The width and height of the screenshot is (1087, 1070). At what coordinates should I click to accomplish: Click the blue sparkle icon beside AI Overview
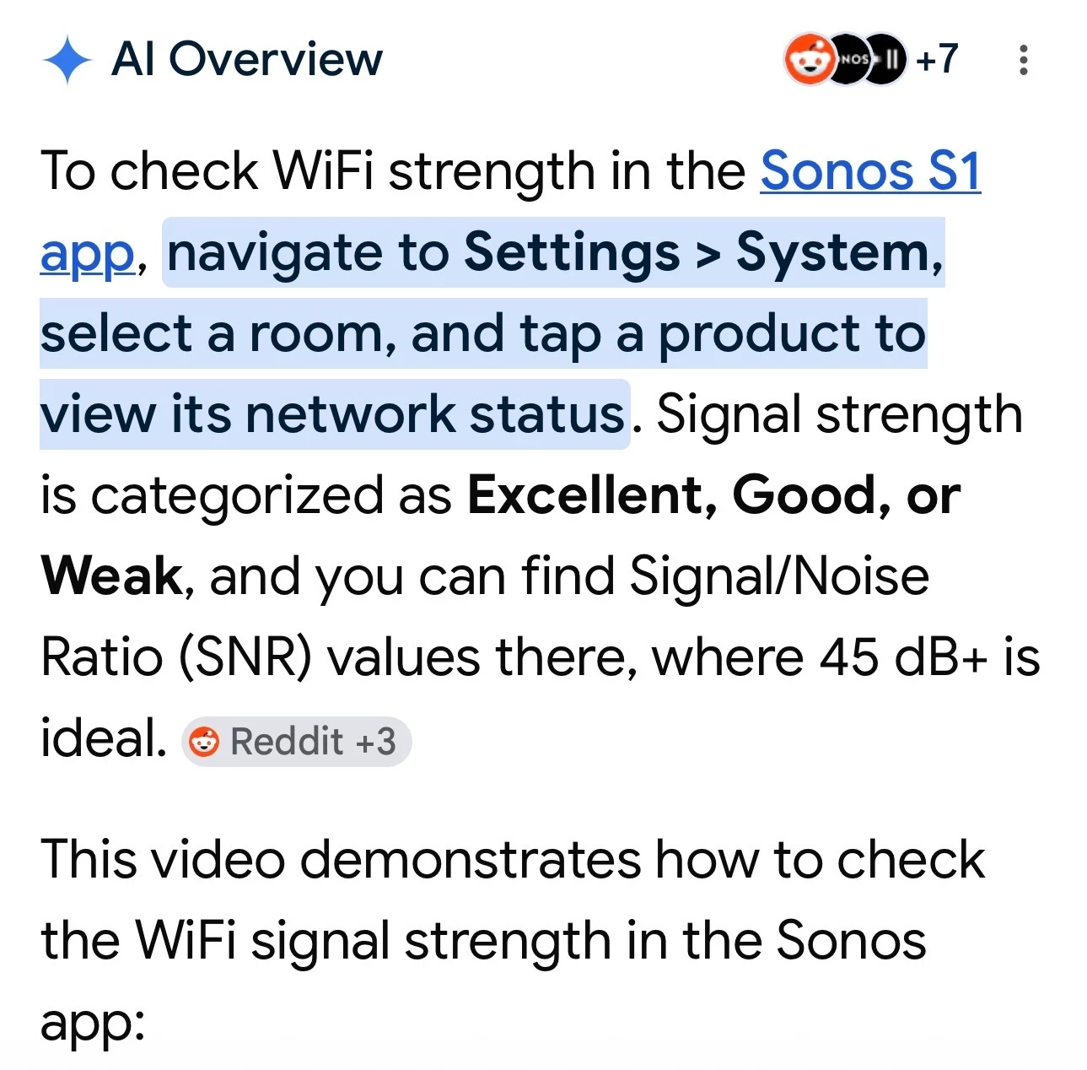coord(67,59)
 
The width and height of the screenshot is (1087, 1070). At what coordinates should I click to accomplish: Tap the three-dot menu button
coord(1023,60)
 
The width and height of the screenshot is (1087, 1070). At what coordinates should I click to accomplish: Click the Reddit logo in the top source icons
coord(809,59)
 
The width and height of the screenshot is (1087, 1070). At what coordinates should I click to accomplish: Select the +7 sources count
coord(937,58)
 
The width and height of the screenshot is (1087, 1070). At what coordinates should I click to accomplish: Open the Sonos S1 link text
coord(870,171)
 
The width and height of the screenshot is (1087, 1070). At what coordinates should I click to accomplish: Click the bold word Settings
coord(572,251)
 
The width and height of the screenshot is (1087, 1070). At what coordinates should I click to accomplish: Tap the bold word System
coord(833,253)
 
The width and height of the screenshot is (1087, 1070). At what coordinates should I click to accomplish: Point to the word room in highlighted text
coord(316,334)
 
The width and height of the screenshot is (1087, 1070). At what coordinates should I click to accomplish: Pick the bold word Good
coord(804,495)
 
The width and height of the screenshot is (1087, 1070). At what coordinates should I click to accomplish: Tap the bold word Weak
coord(111,576)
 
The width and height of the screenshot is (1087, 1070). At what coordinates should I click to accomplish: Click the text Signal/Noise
coord(779,576)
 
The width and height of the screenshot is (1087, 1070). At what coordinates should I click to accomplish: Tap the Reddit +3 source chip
coord(297,741)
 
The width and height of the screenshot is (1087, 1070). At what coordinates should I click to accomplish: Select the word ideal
coord(103,738)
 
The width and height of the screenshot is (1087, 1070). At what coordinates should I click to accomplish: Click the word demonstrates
coord(471,860)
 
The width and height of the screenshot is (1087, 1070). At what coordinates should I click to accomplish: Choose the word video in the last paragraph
coord(219,860)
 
